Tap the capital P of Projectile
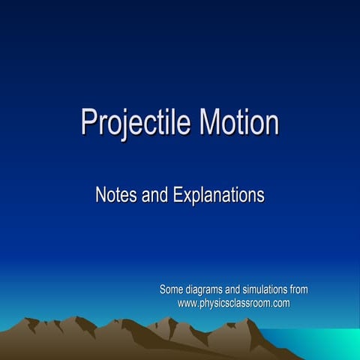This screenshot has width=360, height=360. click(x=88, y=122)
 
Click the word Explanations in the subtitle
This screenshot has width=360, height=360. click(x=218, y=196)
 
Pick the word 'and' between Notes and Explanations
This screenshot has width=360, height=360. click(x=154, y=196)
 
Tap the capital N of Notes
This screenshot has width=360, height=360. click(x=101, y=196)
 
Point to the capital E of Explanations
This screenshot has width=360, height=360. click(x=177, y=196)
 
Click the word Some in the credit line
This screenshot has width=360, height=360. click(x=172, y=289)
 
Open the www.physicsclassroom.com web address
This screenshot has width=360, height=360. click(x=233, y=303)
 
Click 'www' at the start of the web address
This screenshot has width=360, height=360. click(x=187, y=303)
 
